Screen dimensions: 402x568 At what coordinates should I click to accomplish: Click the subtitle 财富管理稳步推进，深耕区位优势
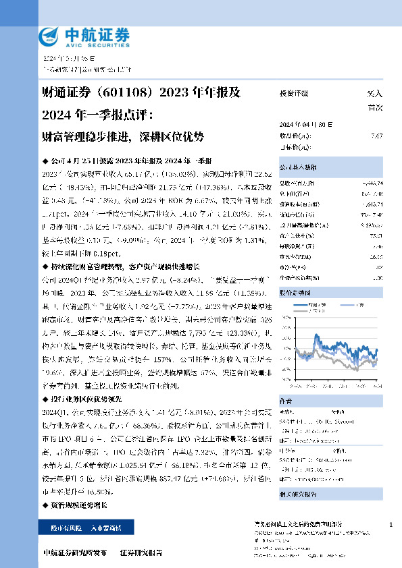point(122,136)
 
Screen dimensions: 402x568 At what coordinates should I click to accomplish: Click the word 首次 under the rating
point(374,107)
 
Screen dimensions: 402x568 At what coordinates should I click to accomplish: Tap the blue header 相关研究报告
point(297,494)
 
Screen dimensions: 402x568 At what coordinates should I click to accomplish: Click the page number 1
point(391,524)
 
